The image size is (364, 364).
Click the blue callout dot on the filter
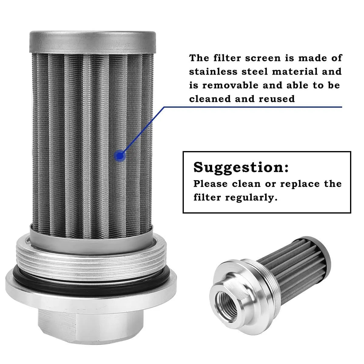(120, 156)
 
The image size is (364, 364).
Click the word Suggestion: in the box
(241, 167)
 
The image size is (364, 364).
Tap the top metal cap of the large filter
(92, 41)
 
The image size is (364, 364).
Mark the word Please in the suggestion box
(210, 184)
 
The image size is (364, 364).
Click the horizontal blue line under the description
(252, 107)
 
